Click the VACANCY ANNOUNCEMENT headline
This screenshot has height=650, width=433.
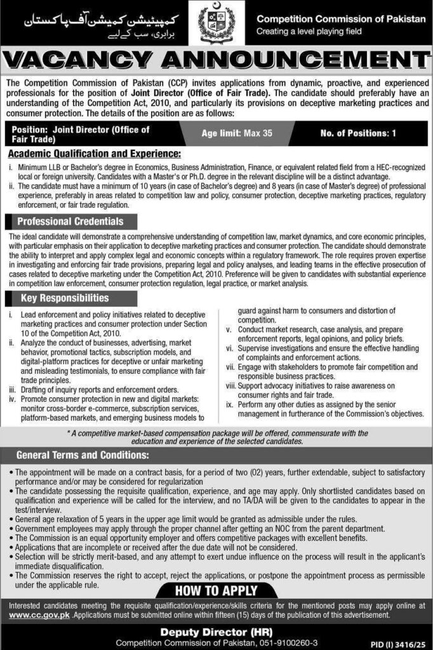(216, 62)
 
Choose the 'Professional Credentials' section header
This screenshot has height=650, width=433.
(70, 222)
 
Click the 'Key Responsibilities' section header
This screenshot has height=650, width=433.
(65, 298)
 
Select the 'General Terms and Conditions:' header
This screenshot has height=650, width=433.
(83, 454)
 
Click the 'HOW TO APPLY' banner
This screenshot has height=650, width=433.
(216, 590)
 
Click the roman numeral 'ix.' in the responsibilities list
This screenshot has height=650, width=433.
(230, 404)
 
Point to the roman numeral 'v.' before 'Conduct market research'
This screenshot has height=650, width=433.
(229, 329)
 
